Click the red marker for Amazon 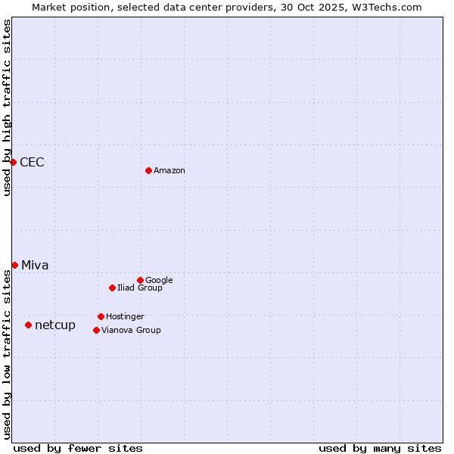coord(148,170)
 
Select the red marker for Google coord(140,280)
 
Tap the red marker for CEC coord(13,162)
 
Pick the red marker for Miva coord(14,265)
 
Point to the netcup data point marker coord(28,325)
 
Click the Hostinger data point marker coord(101,316)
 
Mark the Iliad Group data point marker coord(112,288)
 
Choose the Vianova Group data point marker coord(96,330)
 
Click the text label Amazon coord(169,171)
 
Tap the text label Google coord(159,281)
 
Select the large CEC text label coord(32,163)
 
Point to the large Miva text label coord(35,266)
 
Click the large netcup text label coord(55,325)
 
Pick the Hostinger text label coord(125,317)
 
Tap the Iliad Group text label coord(140,288)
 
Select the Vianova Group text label coord(131,331)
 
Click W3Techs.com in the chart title coord(385,7)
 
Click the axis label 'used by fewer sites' coord(78,448)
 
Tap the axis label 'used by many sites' coord(380,448)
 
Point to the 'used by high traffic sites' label coord(7,107)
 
